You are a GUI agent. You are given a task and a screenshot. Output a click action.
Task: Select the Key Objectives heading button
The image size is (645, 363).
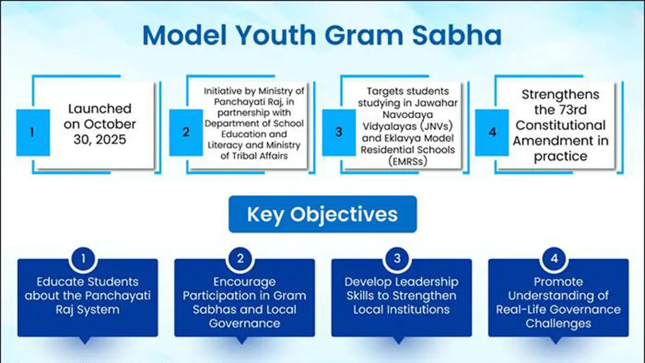point(322,214)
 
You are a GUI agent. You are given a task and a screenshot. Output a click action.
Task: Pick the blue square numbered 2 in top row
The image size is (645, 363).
point(186,132)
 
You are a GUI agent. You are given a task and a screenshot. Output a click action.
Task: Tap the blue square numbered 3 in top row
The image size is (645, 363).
point(339,132)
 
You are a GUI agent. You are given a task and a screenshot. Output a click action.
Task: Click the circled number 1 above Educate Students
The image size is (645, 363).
point(83,259)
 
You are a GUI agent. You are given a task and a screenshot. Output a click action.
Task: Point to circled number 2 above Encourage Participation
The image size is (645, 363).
point(240,259)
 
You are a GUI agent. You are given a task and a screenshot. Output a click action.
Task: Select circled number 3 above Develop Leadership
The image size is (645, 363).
point(397,259)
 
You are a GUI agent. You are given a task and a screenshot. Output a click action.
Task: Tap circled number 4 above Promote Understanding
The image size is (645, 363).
point(554,259)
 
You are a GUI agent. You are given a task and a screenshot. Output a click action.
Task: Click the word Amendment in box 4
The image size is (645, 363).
point(552,141)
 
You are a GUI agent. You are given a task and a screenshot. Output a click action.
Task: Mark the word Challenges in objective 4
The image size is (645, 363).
point(558,324)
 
